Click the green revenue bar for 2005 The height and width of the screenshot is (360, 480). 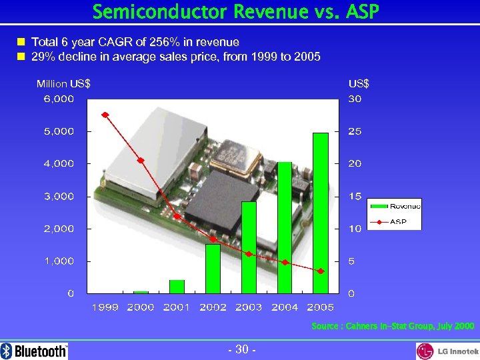pos(321,213)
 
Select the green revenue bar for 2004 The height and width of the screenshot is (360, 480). pos(285,227)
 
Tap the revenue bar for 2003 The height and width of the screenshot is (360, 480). pos(249,247)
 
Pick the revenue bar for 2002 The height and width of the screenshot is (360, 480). pos(213,269)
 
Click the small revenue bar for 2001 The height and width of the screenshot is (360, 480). pos(177,287)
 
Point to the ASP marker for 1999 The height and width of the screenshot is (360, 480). pos(105,115)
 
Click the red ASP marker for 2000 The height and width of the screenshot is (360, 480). pos(141,161)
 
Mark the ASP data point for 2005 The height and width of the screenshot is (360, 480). pos(321,271)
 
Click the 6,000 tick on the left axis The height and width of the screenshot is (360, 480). pos(59,99)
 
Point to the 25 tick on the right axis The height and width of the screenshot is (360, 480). pos(355,131)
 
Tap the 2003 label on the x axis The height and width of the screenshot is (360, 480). pos(249,307)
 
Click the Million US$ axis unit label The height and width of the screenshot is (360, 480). pos(63,84)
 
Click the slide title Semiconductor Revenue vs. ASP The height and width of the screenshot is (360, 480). pos(239,12)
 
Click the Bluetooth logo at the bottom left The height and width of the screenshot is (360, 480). pos(34,351)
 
